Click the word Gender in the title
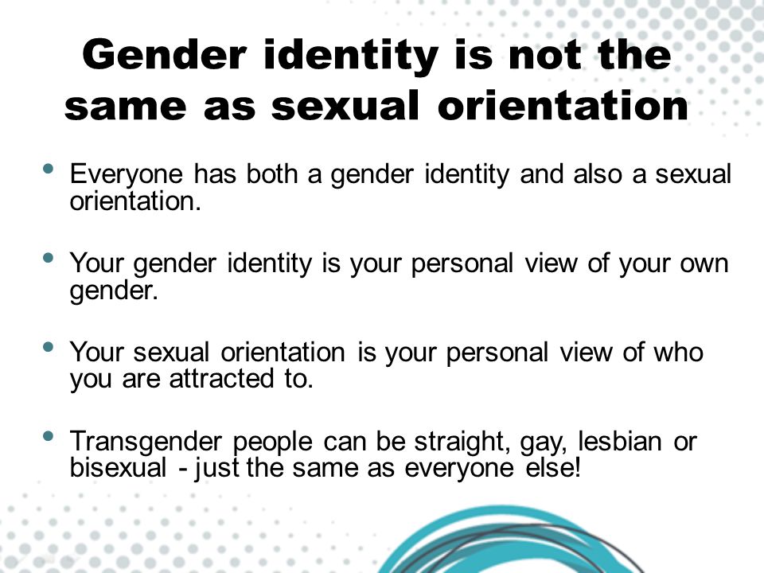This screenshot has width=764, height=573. click(164, 55)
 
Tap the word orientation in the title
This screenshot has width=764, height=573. click(563, 106)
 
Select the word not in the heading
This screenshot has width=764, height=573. click(544, 55)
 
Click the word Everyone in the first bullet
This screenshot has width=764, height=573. click(127, 175)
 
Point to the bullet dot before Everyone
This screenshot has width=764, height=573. click(48, 169)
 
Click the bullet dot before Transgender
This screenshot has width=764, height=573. click(48, 435)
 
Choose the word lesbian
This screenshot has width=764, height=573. click(620, 442)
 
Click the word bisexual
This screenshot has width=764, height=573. click(119, 468)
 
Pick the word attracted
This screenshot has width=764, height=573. click(222, 379)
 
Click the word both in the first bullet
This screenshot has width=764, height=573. click(271, 174)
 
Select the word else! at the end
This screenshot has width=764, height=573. click(552, 468)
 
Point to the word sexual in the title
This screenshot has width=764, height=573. click(345, 106)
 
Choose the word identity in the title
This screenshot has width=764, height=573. click(350, 56)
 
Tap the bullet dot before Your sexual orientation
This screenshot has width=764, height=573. click(48, 347)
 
